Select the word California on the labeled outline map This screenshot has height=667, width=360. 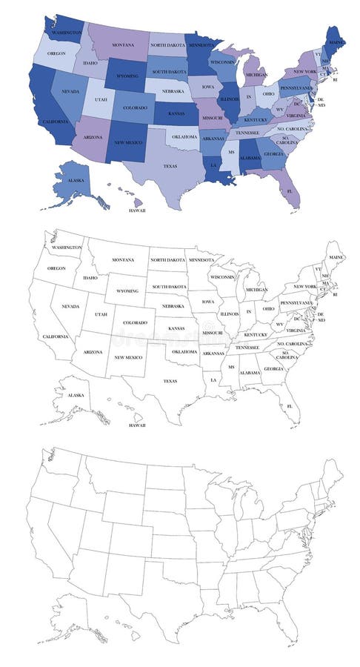[x=56, y=336]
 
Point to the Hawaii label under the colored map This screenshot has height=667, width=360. [x=138, y=210]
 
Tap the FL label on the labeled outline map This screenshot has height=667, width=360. [x=290, y=408]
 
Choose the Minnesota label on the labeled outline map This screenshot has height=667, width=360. [x=201, y=260]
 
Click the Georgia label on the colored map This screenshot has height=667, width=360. [x=273, y=153]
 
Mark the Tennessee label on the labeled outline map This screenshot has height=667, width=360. [x=251, y=347]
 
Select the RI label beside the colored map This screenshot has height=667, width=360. [x=334, y=79]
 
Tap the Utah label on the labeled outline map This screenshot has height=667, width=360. [x=100, y=314]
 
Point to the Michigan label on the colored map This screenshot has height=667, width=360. [x=256, y=74]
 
